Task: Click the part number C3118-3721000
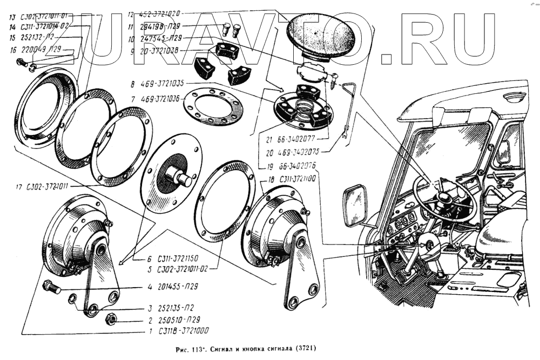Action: click(x=184, y=331)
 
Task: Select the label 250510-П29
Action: click(x=179, y=319)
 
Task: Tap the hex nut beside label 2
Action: click(x=110, y=319)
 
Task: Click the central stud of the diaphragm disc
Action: click(x=180, y=174)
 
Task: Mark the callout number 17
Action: click(x=19, y=187)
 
